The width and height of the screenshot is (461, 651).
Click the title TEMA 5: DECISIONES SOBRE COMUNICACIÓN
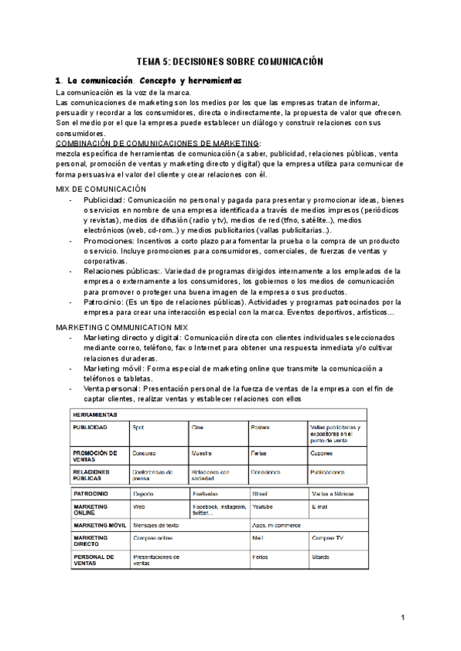(x=230, y=61)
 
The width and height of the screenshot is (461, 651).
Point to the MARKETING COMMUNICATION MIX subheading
(x=122, y=327)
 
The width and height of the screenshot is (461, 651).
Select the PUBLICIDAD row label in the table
(x=91, y=427)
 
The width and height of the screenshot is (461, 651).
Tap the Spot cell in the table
(x=138, y=427)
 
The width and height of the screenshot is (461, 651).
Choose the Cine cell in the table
(x=199, y=427)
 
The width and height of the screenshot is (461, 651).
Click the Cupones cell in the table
(x=322, y=454)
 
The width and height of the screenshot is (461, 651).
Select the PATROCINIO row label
(x=91, y=494)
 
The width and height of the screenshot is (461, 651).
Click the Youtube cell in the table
(x=262, y=507)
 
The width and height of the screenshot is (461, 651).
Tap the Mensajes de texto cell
(x=156, y=525)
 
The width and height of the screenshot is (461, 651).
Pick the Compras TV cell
(x=327, y=539)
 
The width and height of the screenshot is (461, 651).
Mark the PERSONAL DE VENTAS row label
(x=93, y=560)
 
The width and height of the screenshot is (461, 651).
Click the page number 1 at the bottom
(x=403, y=618)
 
